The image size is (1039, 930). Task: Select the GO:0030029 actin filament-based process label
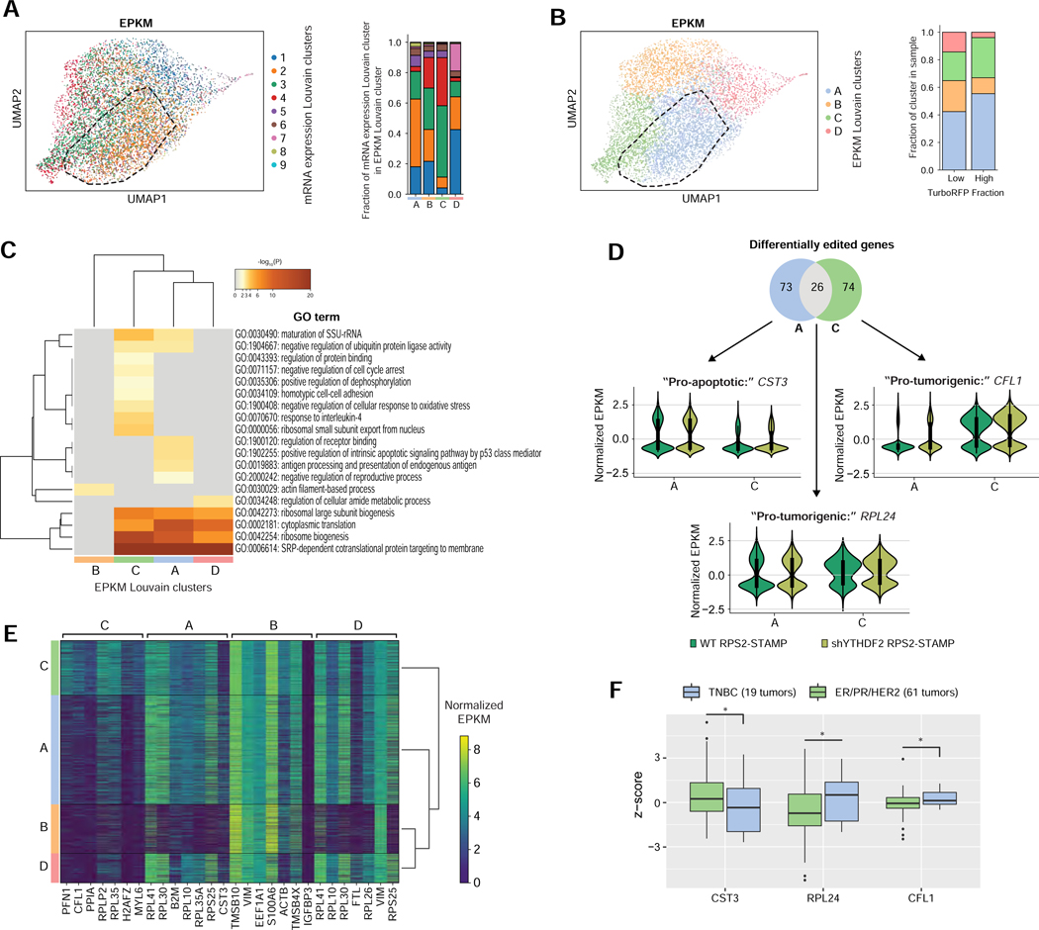pos(315,490)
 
